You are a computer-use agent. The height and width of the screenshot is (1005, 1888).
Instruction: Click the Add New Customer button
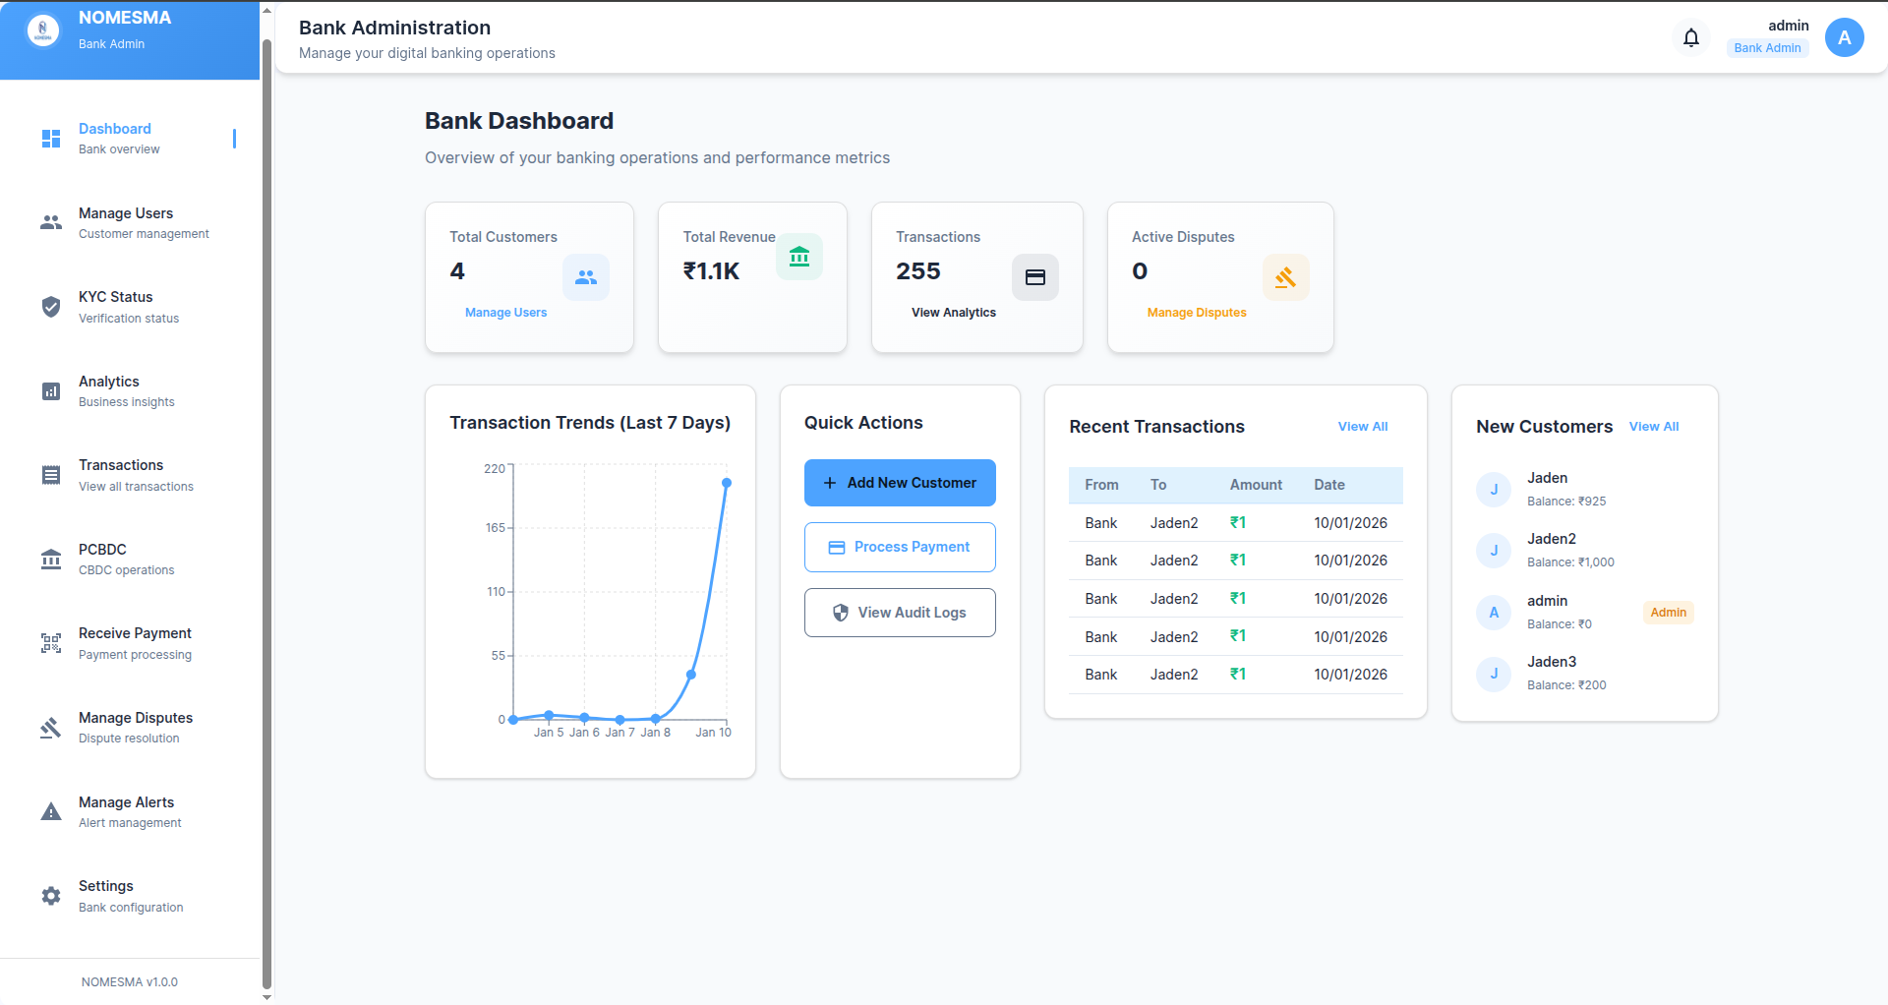click(900, 483)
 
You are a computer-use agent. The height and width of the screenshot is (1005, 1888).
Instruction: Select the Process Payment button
click(900, 547)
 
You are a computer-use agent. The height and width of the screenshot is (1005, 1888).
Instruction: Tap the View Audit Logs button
click(900, 613)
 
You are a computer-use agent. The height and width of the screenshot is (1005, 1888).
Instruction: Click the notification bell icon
click(1691, 37)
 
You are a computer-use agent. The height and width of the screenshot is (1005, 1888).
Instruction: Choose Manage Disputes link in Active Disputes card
click(1196, 313)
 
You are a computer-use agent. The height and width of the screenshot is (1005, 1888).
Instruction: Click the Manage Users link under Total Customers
click(505, 313)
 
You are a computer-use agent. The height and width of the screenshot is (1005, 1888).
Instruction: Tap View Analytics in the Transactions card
click(953, 313)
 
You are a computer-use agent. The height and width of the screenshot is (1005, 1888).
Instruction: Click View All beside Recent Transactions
click(1362, 427)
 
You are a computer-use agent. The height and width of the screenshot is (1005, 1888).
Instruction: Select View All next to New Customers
click(1653, 427)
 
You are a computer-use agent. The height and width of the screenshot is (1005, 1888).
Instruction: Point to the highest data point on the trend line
click(727, 483)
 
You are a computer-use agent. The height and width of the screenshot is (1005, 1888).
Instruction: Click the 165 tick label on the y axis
click(495, 528)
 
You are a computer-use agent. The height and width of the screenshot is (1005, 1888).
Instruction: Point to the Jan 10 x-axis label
click(713, 733)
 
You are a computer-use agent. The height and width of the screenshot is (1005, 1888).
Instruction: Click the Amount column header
click(1256, 485)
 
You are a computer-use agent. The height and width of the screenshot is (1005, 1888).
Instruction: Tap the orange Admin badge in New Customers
click(1668, 613)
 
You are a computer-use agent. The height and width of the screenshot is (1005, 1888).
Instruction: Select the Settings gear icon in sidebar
click(51, 896)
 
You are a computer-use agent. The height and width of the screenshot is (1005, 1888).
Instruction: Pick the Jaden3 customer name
click(1551, 662)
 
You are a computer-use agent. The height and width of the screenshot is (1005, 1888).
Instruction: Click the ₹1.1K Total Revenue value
click(711, 271)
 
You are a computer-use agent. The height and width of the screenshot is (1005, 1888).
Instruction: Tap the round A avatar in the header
click(1844, 37)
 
